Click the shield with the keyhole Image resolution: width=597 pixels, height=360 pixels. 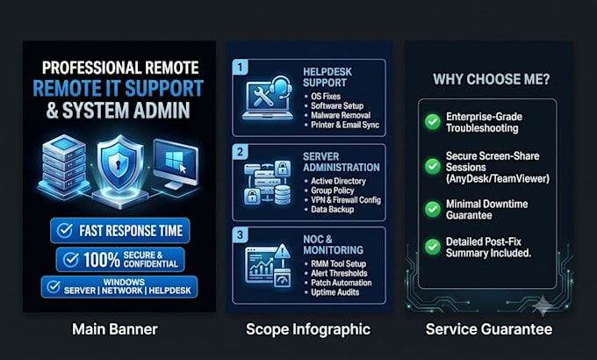click(x=120, y=164)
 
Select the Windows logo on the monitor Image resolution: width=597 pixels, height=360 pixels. click(x=175, y=160)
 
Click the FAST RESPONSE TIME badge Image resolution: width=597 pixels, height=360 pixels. click(x=120, y=230)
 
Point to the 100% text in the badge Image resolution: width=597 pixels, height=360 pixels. click(x=102, y=260)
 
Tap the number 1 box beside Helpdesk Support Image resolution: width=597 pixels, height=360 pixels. click(x=240, y=68)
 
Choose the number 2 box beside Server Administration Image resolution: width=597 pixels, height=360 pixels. click(x=240, y=152)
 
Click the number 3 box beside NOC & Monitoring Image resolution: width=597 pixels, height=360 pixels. click(x=240, y=234)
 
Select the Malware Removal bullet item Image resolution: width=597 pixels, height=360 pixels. click(x=338, y=115)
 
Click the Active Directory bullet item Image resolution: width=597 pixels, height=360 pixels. click(x=335, y=181)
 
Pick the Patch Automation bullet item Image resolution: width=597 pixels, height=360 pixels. click(x=339, y=283)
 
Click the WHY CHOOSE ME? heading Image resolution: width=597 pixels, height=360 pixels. click(x=491, y=79)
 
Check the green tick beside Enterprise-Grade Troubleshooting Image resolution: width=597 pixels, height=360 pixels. click(x=433, y=122)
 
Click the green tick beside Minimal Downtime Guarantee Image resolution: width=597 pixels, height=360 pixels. click(x=433, y=209)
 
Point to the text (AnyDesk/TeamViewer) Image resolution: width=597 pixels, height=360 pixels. click(x=498, y=178)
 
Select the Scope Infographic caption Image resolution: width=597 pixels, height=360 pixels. click(x=308, y=329)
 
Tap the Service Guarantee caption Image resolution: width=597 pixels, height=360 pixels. click(x=489, y=329)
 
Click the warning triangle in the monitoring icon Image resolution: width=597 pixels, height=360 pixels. click(x=282, y=251)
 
